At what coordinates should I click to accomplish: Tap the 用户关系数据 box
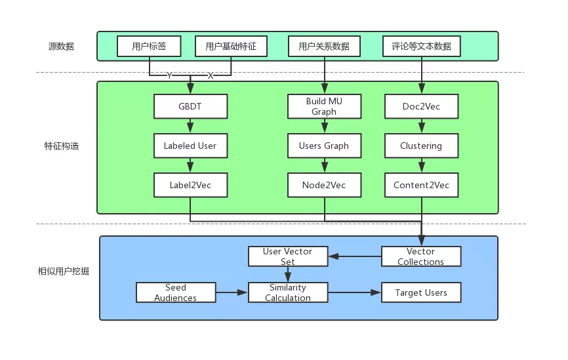point(324,47)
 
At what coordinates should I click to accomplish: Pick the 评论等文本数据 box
point(421,47)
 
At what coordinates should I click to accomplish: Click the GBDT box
point(190,106)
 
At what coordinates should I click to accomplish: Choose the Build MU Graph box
point(324,106)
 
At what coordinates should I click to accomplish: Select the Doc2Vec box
point(421,106)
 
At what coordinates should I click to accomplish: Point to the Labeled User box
point(190,146)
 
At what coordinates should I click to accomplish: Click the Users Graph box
point(324,146)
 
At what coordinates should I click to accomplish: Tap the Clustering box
point(421,146)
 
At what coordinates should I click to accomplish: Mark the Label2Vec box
point(190,185)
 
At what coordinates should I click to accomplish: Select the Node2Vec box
point(324,185)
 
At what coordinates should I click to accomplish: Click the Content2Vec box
point(421,185)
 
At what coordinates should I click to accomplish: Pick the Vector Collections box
point(421,256)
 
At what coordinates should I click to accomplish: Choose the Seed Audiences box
point(175,292)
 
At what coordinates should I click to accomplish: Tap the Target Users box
point(421,292)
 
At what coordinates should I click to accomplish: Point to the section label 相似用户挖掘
point(64,271)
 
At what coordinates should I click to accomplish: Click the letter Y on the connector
point(169,76)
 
